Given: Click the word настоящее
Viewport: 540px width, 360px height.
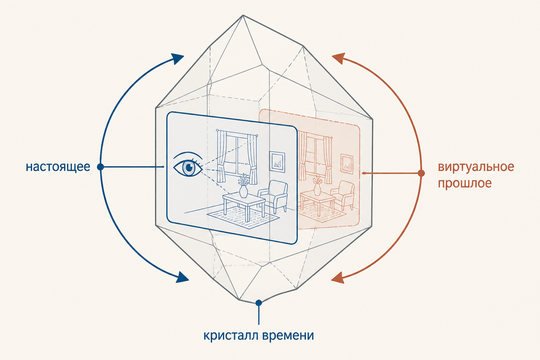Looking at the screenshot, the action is [x=58, y=167].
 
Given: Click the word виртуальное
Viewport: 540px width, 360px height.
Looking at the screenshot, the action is [x=476, y=167].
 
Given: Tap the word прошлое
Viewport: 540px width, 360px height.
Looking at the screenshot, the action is [x=464, y=184].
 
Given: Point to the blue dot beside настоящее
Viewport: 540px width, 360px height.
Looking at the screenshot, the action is [x=100, y=167].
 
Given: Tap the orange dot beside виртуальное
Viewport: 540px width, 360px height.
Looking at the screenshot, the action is [x=421, y=173].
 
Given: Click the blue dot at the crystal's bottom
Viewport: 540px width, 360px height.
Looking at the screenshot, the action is [x=259, y=303].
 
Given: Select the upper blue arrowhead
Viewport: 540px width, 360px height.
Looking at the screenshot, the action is [x=178, y=59].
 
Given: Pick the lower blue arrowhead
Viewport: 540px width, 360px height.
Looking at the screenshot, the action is [x=182, y=277].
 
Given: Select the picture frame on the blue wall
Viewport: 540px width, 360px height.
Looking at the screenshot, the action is [x=277, y=162].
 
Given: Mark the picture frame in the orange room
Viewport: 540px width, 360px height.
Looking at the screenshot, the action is [x=347, y=164].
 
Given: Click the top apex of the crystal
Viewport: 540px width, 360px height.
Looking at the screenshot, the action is [x=243, y=15].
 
